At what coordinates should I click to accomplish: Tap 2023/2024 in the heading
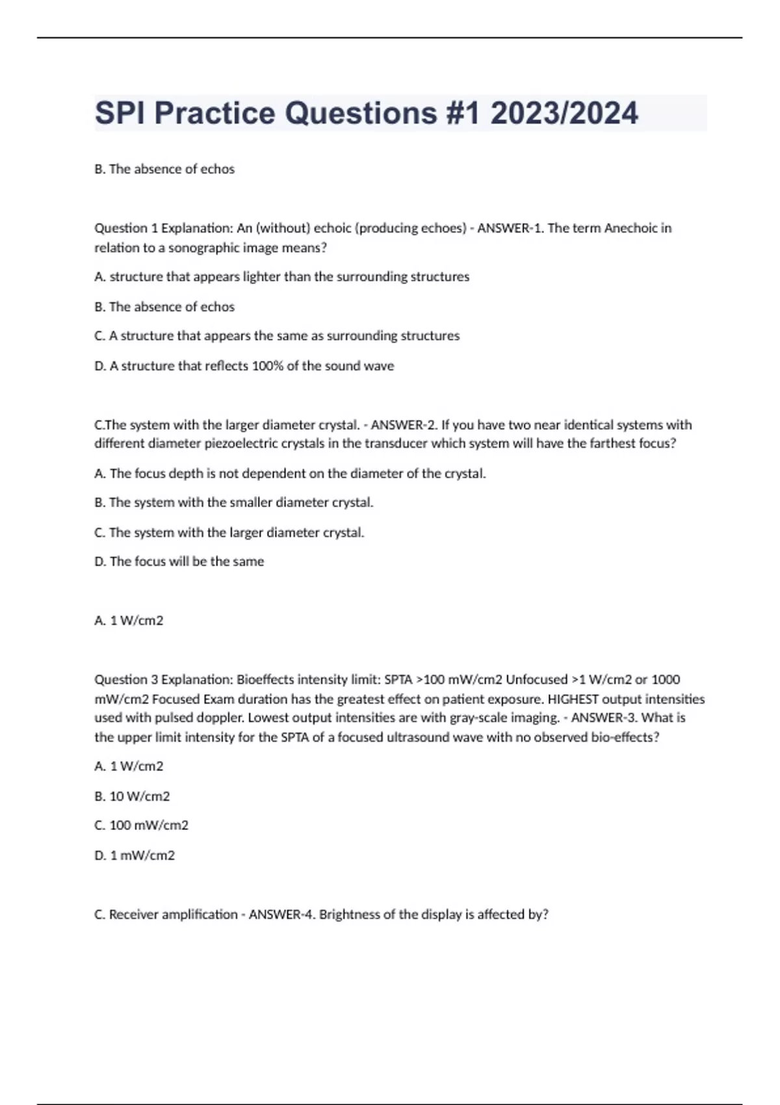click(564, 113)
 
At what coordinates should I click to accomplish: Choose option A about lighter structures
click(281, 277)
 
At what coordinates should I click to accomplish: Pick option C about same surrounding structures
click(277, 336)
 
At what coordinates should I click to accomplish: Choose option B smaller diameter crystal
click(234, 502)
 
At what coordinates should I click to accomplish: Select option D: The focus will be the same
click(179, 562)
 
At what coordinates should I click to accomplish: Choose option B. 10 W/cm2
click(132, 796)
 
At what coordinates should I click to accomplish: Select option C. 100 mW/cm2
click(141, 825)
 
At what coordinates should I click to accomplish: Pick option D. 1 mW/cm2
click(135, 855)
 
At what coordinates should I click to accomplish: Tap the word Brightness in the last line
click(349, 915)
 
